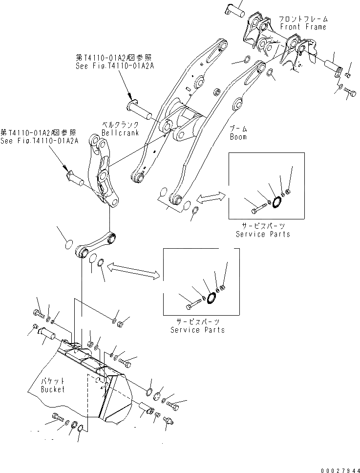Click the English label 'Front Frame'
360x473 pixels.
(x=303, y=27)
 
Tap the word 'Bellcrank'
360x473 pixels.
(x=120, y=133)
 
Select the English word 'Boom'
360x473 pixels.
(x=238, y=137)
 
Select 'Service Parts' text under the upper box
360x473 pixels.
(x=263, y=234)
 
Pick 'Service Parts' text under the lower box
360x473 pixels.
(x=197, y=330)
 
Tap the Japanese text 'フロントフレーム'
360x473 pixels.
(x=303, y=19)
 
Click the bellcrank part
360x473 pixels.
(x=104, y=171)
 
